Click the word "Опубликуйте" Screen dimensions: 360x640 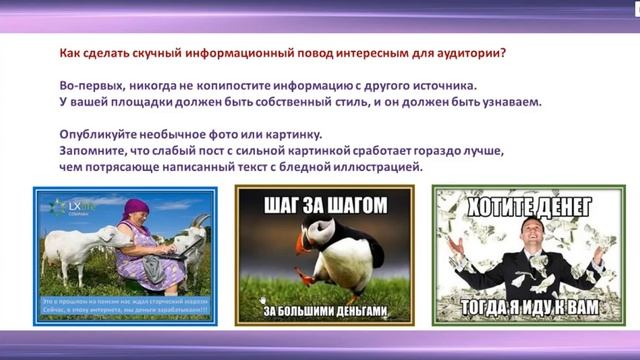(90, 135)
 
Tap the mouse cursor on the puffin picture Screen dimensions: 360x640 (262, 298)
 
